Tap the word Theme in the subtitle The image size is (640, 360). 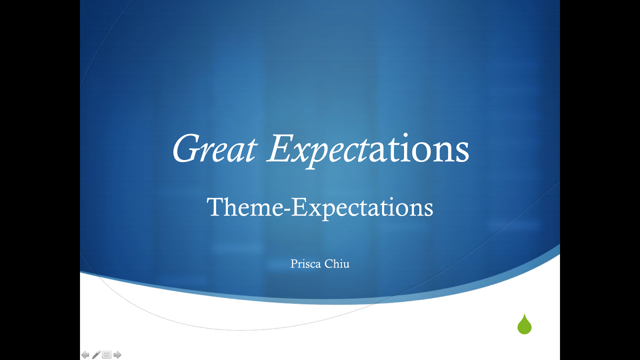coord(245,207)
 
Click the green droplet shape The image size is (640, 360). coord(524,324)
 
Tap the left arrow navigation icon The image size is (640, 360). coord(85,355)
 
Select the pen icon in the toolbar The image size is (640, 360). coord(96,354)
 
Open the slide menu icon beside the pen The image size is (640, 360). coord(106,355)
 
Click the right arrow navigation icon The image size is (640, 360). coord(117,355)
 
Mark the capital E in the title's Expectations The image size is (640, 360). coord(280,148)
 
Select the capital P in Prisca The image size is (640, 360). coord(294,264)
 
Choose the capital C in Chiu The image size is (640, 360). coord(328,264)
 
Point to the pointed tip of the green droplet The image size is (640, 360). coord(524,314)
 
